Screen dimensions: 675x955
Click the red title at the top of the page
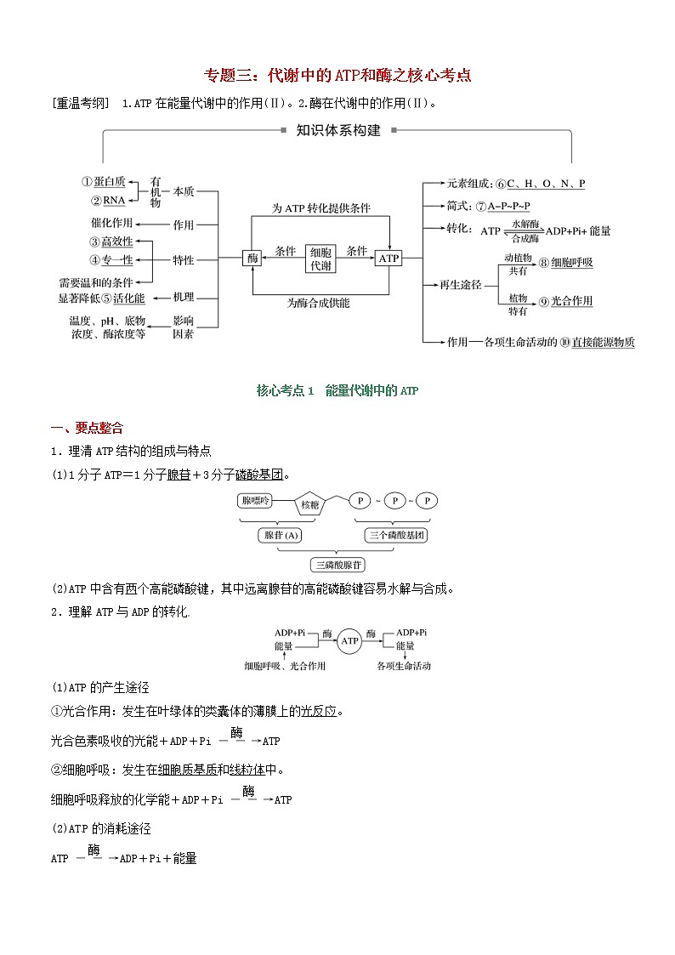click(338, 75)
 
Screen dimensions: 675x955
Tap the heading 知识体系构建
click(338, 131)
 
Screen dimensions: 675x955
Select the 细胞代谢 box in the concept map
click(321, 258)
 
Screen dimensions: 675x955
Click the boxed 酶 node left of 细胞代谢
click(252, 258)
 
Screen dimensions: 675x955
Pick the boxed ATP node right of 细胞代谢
click(389, 258)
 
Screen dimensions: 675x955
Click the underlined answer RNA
click(114, 200)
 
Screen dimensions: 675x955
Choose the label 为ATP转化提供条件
click(320, 207)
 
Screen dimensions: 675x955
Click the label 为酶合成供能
click(318, 303)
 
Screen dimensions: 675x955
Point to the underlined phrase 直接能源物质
click(603, 342)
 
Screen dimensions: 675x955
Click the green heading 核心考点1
click(337, 390)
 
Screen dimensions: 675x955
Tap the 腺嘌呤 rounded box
click(258, 501)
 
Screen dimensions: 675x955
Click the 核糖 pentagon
click(309, 504)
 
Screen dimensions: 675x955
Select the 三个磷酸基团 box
click(396, 535)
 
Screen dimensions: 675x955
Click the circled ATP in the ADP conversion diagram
click(349, 640)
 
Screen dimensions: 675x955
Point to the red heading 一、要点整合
click(88, 428)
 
